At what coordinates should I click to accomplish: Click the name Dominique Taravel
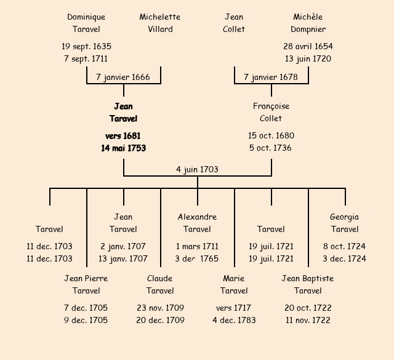pos(86,23)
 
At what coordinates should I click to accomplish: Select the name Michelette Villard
pos(160,23)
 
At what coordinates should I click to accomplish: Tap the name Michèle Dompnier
pos(308,23)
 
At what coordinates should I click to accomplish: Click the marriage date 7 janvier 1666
pos(123,77)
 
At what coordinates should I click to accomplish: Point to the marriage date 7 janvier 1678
pos(271,77)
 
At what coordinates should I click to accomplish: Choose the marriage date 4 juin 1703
pos(197,169)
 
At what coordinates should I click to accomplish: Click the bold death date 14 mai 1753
pos(123,148)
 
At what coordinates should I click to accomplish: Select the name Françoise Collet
pos(271,112)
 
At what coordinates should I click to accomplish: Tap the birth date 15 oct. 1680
pos(271,135)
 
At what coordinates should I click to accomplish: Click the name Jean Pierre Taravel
pos(86,284)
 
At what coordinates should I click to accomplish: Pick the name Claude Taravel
pos(160,284)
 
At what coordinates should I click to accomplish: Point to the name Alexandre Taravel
pos(197,223)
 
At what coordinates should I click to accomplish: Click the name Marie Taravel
pos(234,284)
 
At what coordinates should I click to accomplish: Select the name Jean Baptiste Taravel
pos(308,284)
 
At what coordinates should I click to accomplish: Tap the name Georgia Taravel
pos(345,223)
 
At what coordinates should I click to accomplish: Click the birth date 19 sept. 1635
pos(86,46)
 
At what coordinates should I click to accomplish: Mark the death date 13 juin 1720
pos(308,58)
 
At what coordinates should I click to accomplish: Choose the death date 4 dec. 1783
pos(234,320)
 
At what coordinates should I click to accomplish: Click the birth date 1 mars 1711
pos(197,246)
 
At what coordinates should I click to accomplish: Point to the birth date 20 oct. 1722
pos(308,308)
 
